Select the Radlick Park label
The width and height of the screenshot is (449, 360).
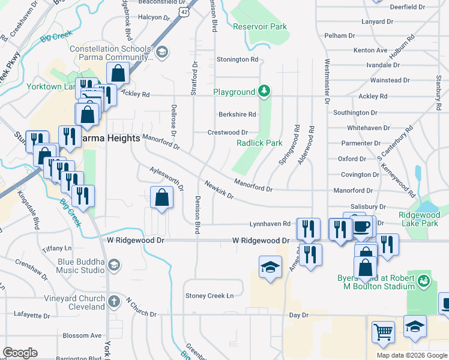coord(259,143)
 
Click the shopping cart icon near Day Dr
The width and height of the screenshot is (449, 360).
coord(383,331)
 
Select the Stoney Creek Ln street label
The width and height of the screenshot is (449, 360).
coord(209,296)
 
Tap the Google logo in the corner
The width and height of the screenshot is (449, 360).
coord(20,353)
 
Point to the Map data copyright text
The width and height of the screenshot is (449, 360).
coord(412,355)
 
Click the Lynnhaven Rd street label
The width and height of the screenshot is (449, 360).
coord(270,224)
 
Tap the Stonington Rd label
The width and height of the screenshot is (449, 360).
coord(237,60)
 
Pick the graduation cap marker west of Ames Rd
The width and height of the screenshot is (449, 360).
coord(270,266)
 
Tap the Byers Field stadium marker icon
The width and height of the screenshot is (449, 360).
coord(424,280)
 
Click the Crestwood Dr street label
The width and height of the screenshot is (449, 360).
coord(228,133)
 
